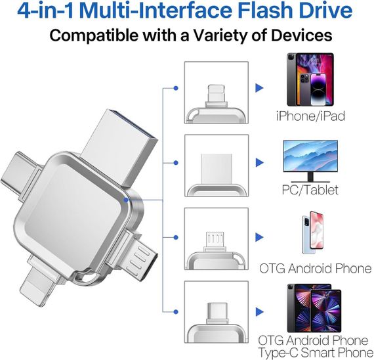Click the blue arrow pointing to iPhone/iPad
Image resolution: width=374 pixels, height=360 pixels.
click(260, 87)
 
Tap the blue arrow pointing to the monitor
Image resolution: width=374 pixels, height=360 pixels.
click(260, 161)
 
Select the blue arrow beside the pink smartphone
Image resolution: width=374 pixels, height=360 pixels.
click(260, 235)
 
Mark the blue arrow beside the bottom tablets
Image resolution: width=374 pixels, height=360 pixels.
click(260, 309)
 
